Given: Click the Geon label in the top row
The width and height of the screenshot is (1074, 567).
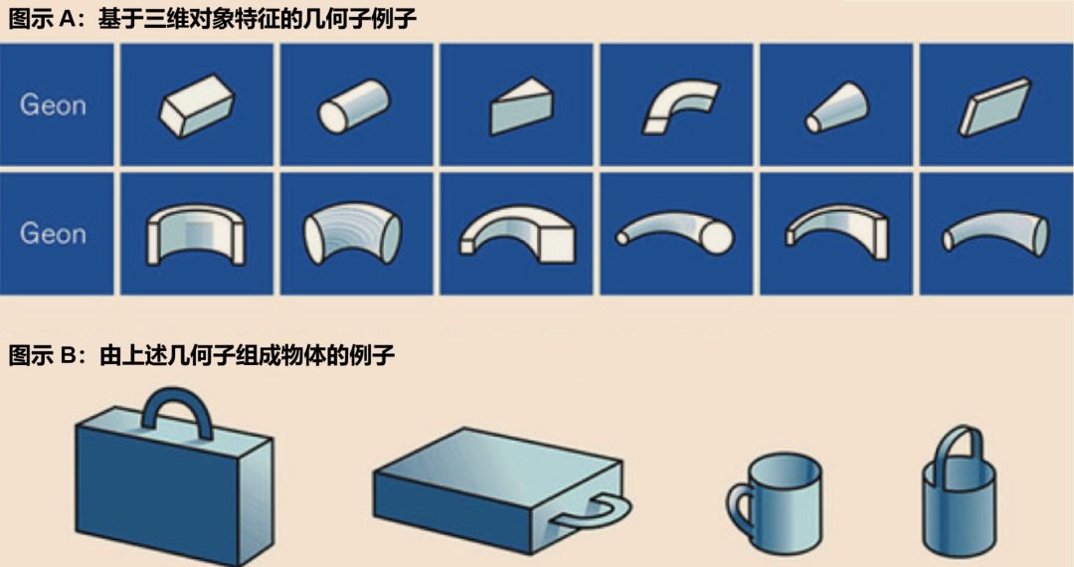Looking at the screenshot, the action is coord(53,104).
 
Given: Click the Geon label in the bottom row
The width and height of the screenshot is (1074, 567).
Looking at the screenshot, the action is coord(53,234).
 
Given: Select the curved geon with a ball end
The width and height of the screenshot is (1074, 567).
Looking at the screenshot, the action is coord(675,233).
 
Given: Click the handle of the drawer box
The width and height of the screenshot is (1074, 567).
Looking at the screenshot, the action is coord(603,513).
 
